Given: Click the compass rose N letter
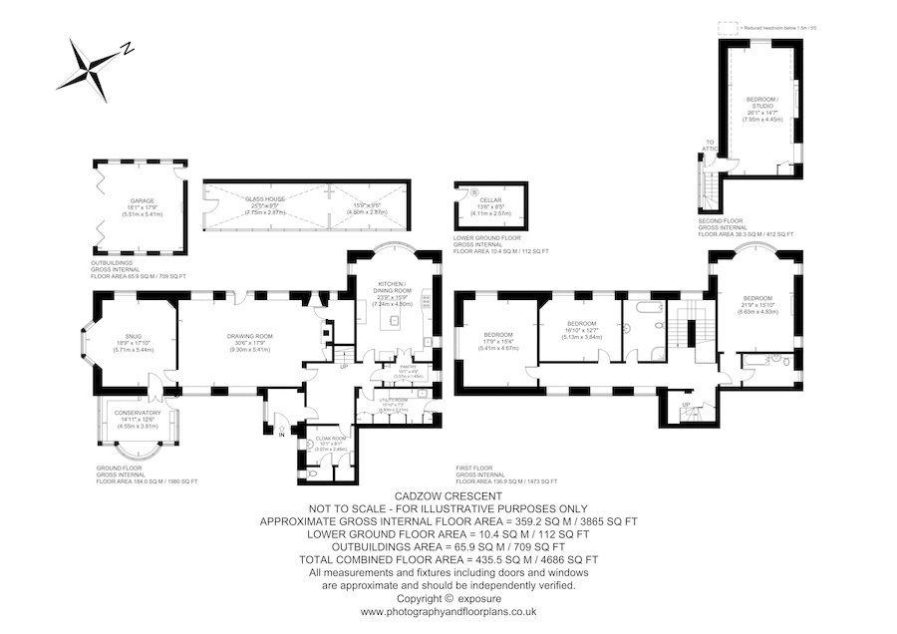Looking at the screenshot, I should click(127, 48).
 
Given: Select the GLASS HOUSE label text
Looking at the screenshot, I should click(265, 199).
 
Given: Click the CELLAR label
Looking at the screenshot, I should click(489, 200).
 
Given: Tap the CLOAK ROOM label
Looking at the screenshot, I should click(330, 439).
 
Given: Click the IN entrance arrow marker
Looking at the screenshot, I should click(282, 433).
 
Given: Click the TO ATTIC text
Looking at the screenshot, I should click(710, 146).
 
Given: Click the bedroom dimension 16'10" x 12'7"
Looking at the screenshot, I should click(581, 330).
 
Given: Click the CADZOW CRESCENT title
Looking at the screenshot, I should click(448, 495).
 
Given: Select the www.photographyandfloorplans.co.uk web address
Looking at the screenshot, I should click(448, 611).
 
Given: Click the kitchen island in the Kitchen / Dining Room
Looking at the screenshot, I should click(394, 321).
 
